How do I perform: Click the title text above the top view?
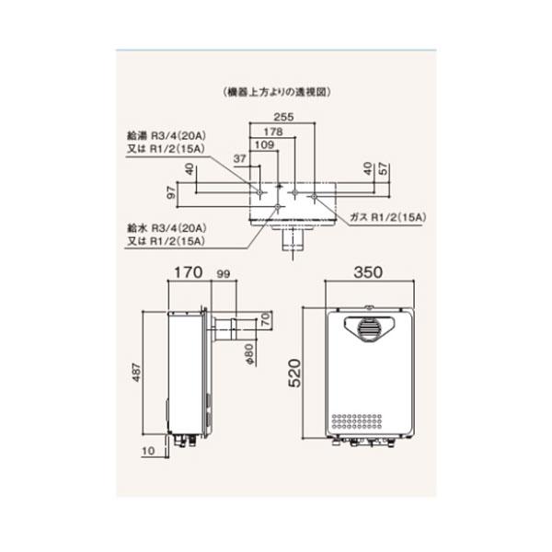276,92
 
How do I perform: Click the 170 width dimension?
187,273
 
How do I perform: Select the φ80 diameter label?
248,354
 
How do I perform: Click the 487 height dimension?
144,374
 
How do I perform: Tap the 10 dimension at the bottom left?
149,452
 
